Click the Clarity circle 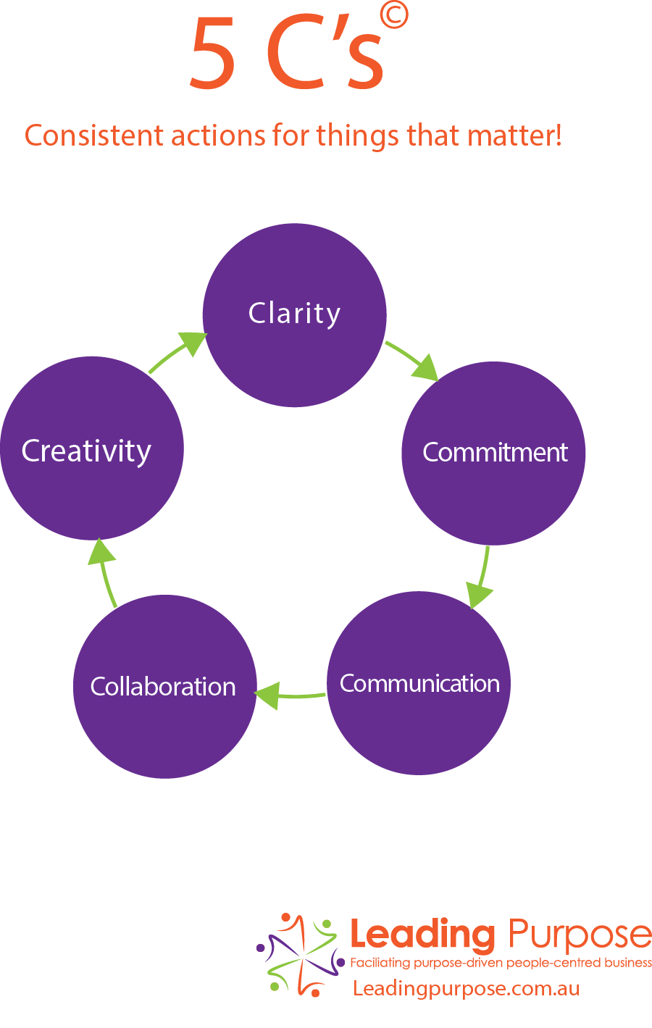pyautogui.click(x=295, y=315)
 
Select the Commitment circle pyautogui.click(x=493, y=454)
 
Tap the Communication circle pyautogui.click(x=419, y=683)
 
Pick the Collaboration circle pyautogui.click(x=164, y=687)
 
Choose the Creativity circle pyautogui.click(x=92, y=448)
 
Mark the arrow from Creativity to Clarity pyautogui.click(x=177, y=351)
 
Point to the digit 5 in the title pyautogui.click(x=212, y=53)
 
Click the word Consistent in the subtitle pyautogui.click(x=94, y=135)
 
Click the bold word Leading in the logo pyautogui.click(x=422, y=934)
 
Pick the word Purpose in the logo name pyautogui.click(x=580, y=935)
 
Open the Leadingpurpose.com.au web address pyautogui.click(x=466, y=988)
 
